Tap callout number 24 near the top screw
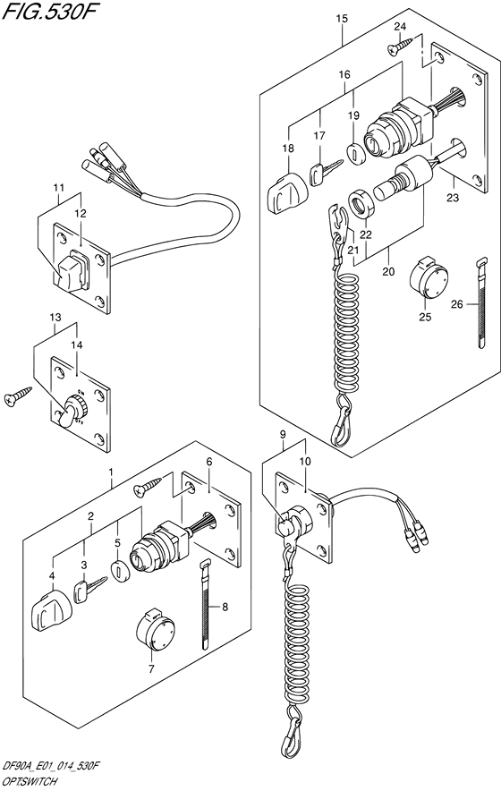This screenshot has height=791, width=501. coord(400,27)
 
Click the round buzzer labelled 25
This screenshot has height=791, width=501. coord(426,278)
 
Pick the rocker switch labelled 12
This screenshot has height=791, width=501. coord(71,271)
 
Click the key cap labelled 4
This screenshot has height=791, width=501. coord(47,614)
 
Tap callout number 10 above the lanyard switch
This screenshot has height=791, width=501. coord(305,463)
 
